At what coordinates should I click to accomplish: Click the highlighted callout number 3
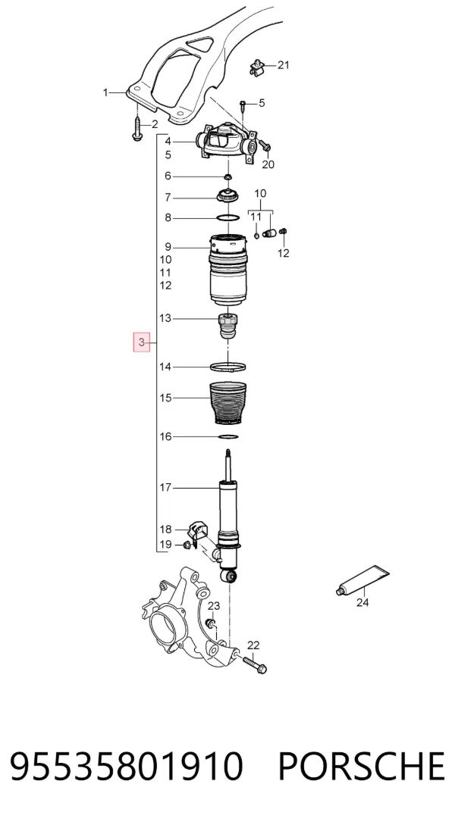point(141,342)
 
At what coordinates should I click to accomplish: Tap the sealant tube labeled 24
point(362,580)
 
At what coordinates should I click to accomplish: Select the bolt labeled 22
point(255,664)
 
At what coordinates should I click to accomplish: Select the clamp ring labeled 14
point(227,367)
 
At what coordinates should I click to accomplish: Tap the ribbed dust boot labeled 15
point(227,403)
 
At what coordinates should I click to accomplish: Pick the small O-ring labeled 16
point(227,436)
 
